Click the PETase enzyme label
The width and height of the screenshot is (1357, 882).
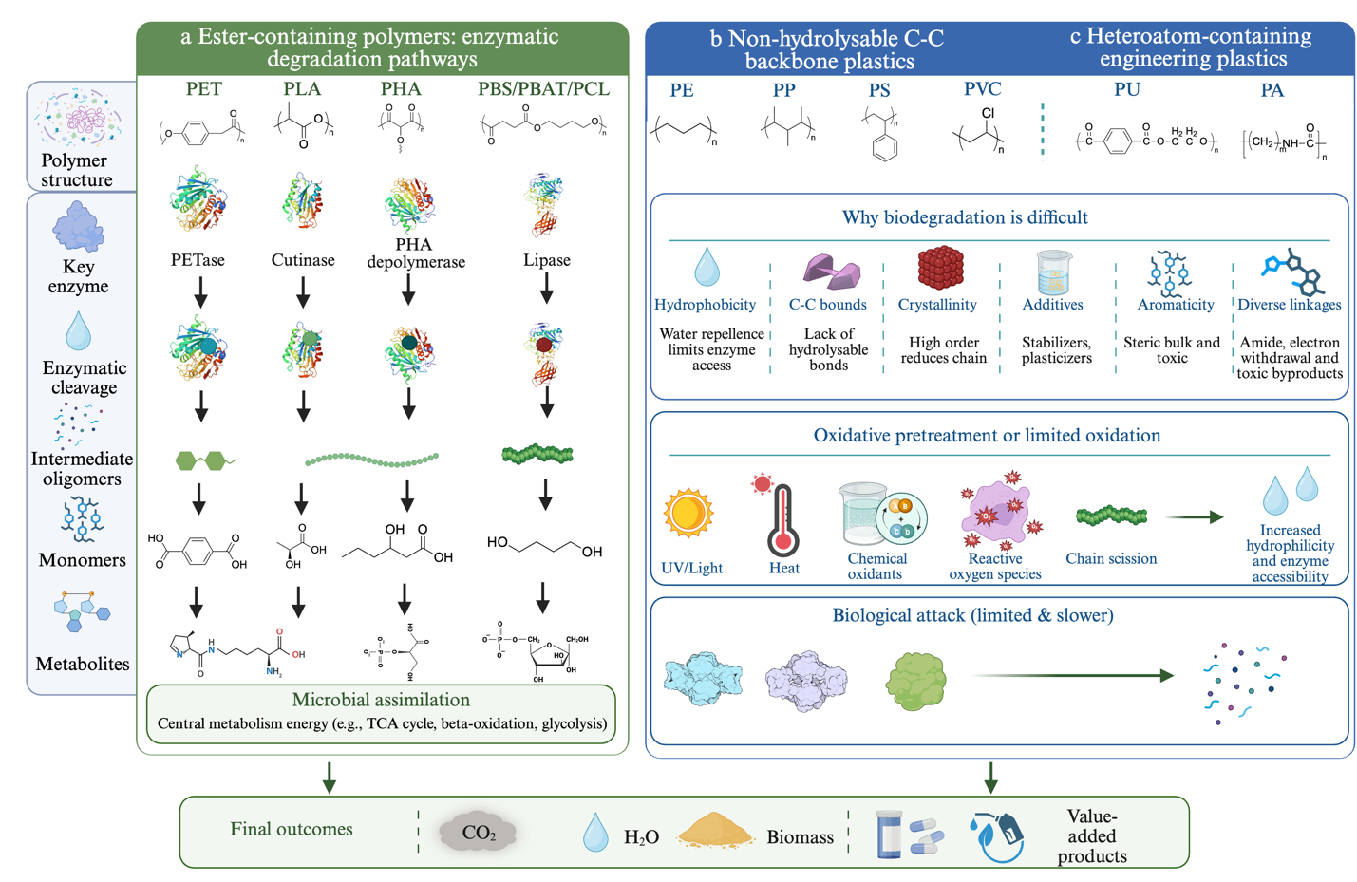[198, 260]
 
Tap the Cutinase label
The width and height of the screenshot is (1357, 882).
[303, 260]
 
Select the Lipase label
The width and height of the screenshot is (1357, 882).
[546, 260]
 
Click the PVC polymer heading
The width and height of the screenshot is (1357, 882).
[983, 89]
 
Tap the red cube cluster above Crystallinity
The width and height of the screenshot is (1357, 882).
[940, 267]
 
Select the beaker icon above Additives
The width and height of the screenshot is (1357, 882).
[1054, 272]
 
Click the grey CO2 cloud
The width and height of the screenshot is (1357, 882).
[478, 831]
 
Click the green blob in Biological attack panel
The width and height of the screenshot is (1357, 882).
[915, 681]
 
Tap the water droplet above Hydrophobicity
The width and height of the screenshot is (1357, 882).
[707, 267]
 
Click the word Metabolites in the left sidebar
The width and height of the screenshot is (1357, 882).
[83, 664]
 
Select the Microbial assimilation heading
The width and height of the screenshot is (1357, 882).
[381, 700]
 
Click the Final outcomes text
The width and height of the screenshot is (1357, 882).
[291, 829]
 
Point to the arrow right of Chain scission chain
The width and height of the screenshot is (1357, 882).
[1194, 517]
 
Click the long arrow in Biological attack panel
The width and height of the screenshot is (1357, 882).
[1073, 675]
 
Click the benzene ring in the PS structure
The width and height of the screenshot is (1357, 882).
[884, 148]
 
